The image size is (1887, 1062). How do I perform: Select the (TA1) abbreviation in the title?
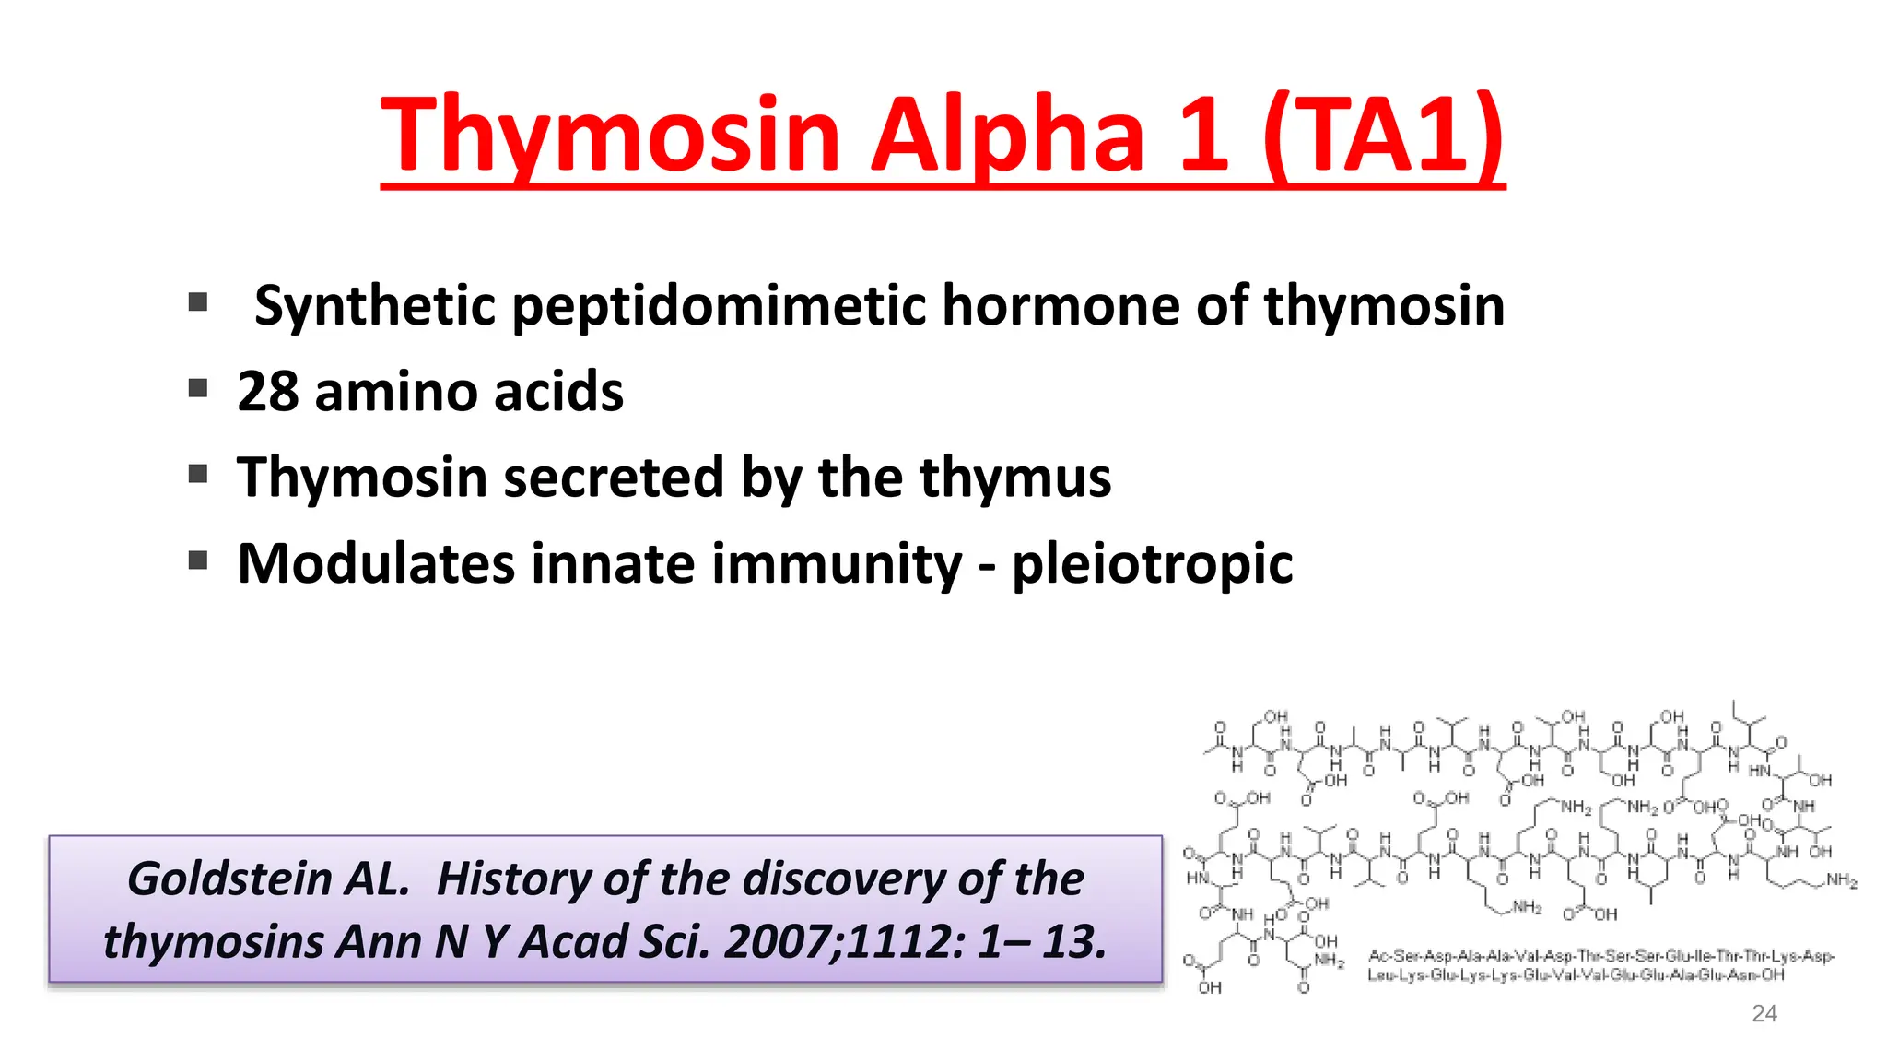point(1383,136)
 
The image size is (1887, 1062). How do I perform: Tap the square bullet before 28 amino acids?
point(198,388)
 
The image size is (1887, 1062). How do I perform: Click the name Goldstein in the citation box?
point(268,879)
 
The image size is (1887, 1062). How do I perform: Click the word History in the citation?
point(512,879)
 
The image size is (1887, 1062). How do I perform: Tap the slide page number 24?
point(1764,1013)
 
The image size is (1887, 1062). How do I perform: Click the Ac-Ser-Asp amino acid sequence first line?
point(1601,956)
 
